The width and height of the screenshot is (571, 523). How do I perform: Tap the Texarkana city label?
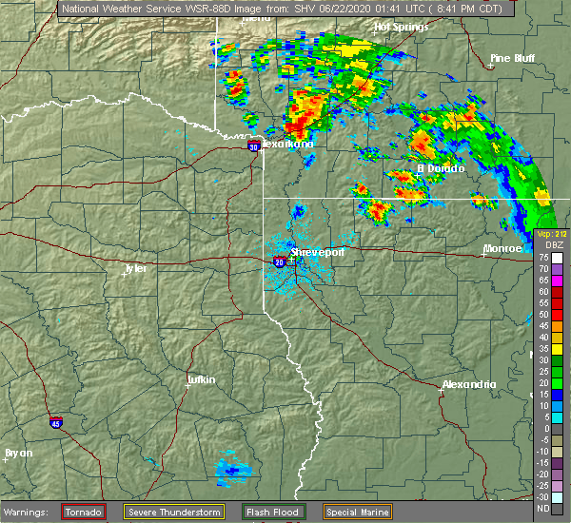pyautogui.click(x=287, y=145)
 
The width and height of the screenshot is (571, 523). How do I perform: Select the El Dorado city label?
pyautogui.click(x=440, y=168)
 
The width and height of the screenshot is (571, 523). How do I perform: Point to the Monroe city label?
pyautogui.click(x=503, y=248)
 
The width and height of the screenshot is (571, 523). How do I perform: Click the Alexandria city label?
pyautogui.click(x=469, y=384)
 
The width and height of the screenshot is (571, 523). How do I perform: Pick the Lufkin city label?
pyautogui.click(x=200, y=379)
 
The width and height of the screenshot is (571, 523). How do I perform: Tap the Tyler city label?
pyautogui.click(x=135, y=268)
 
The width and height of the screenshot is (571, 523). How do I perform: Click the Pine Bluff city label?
pyautogui.click(x=512, y=58)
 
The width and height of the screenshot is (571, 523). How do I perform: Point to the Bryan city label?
pyautogui.click(x=19, y=453)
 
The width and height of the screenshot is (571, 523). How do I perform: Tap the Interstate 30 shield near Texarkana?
pyautogui.click(x=253, y=146)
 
